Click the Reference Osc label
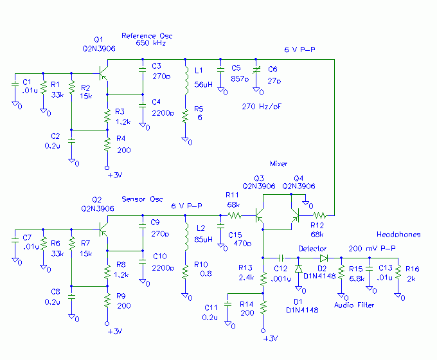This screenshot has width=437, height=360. point(147,35)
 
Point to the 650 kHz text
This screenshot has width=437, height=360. point(151,43)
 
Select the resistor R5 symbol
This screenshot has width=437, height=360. point(186,116)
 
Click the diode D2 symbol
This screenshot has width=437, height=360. point(323,257)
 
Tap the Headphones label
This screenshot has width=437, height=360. point(398,235)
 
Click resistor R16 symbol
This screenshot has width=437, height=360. point(398,274)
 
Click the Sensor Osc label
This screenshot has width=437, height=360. point(142,199)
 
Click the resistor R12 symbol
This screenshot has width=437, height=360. point(319,215)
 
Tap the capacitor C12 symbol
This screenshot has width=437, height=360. point(281,257)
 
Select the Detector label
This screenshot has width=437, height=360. point(312,248)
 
